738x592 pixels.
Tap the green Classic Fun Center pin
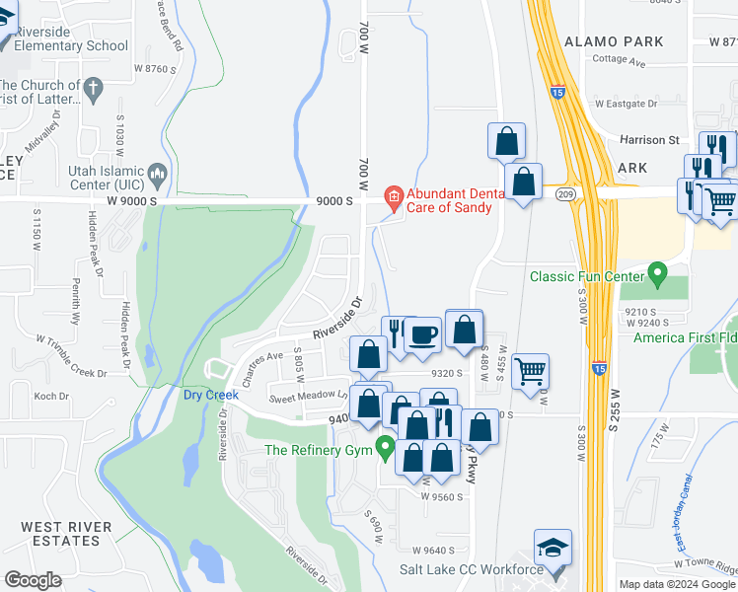656,270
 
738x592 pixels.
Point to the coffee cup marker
423,335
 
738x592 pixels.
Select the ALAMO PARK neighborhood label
614,41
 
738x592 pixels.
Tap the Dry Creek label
211,395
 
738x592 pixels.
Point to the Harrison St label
649,140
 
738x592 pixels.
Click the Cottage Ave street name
619,61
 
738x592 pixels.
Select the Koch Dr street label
51,397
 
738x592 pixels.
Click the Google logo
33,580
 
